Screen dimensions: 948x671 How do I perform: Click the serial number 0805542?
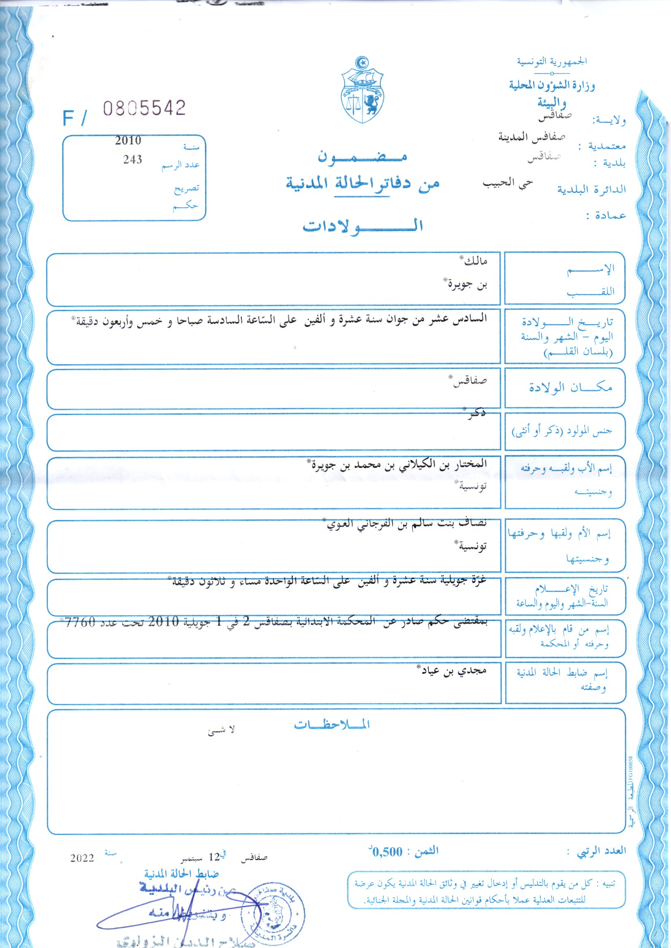coord(144,109)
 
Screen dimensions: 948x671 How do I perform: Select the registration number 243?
coord(132,159)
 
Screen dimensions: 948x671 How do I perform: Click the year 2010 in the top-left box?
coord(128,140)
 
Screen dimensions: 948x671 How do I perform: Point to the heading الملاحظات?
coord(332,725)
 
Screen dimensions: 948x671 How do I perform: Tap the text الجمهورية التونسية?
coord(552,62)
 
